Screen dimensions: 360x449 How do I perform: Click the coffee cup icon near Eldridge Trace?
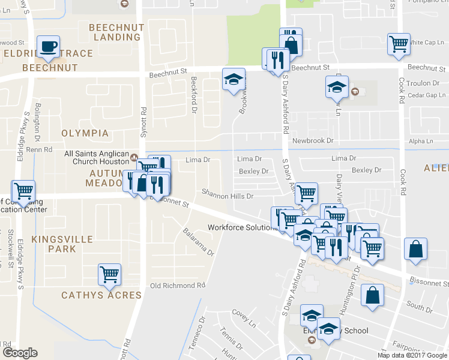pyautogui.click(x=49, y=46)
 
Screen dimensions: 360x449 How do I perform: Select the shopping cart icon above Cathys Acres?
pyautogui.click(x=109, y=274)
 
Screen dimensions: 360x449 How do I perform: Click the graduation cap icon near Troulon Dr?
pyautogui.click(x=337, y=86)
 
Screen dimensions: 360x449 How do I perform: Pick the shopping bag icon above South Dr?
pyautogui.click(x=373, y=295)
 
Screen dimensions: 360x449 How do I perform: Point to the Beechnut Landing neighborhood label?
pyautogui.click(x=114, y=32)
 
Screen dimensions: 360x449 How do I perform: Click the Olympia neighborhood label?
pyautogui.click(x=86, y=133)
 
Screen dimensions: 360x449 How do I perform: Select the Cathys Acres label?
pyautogui.click(x=101, y=295)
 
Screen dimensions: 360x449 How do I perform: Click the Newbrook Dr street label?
pyautogui.click(x=312, y=140)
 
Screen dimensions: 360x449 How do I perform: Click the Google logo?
pyautogui.click(x=20, y=353)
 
